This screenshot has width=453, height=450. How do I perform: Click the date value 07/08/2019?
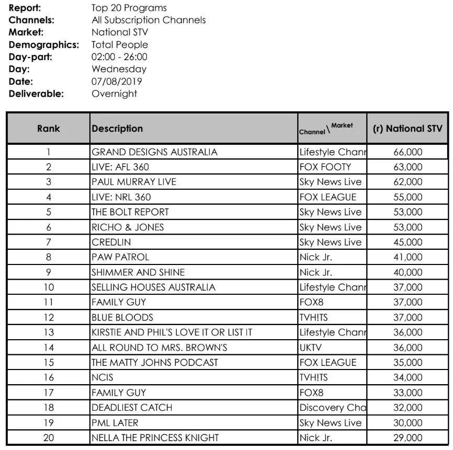(x=117, y=81)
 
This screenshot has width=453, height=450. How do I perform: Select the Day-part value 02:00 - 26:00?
(x=119, y=56)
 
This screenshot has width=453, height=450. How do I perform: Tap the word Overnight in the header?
(x=114, y=94)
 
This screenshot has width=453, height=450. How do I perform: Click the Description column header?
(x=117, y=129)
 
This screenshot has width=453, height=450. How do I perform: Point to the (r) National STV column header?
(x=407, y=129)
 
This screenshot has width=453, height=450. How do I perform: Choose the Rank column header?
(x=49, y=129)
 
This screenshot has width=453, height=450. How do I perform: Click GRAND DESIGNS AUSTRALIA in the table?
(x=154, y=153)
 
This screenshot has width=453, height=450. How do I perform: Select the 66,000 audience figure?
(x=407, y=153)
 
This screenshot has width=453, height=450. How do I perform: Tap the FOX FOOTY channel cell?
(x=325, y=167)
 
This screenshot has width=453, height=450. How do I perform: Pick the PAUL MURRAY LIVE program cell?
(x=133, y=182)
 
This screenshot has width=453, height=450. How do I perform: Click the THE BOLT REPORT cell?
(x=130, y=212)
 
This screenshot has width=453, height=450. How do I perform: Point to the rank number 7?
(x=49, y=243)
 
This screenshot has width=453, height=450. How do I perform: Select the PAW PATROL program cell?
(x=120, y=257)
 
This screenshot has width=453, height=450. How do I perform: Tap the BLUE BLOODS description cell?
(x=122, y=317)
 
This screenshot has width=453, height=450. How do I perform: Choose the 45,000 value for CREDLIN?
(x=407, y=243)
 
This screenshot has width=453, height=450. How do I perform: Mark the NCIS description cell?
(x=103, y=377)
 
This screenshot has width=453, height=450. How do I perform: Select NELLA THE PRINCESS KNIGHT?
(x=155, y=437)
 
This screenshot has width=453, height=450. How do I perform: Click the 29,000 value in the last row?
(x=407, y=437)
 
